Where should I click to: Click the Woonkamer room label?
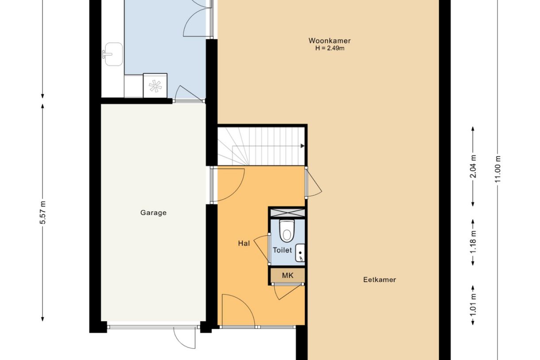[329, 41]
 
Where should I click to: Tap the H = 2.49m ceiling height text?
[329, 48]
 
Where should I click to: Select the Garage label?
[154, 213]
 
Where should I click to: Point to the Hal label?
[244, 243]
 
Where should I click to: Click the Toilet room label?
[282, 250]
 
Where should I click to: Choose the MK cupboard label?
[288, 275]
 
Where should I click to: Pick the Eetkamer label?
[379, 280]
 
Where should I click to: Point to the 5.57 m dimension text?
[43, 213]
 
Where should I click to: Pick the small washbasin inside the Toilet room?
[300, 252]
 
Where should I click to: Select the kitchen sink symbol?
[113, 54]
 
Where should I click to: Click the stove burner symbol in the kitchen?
[155, 85]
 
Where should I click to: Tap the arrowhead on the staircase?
[302, 146]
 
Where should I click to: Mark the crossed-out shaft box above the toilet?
[287, 212]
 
